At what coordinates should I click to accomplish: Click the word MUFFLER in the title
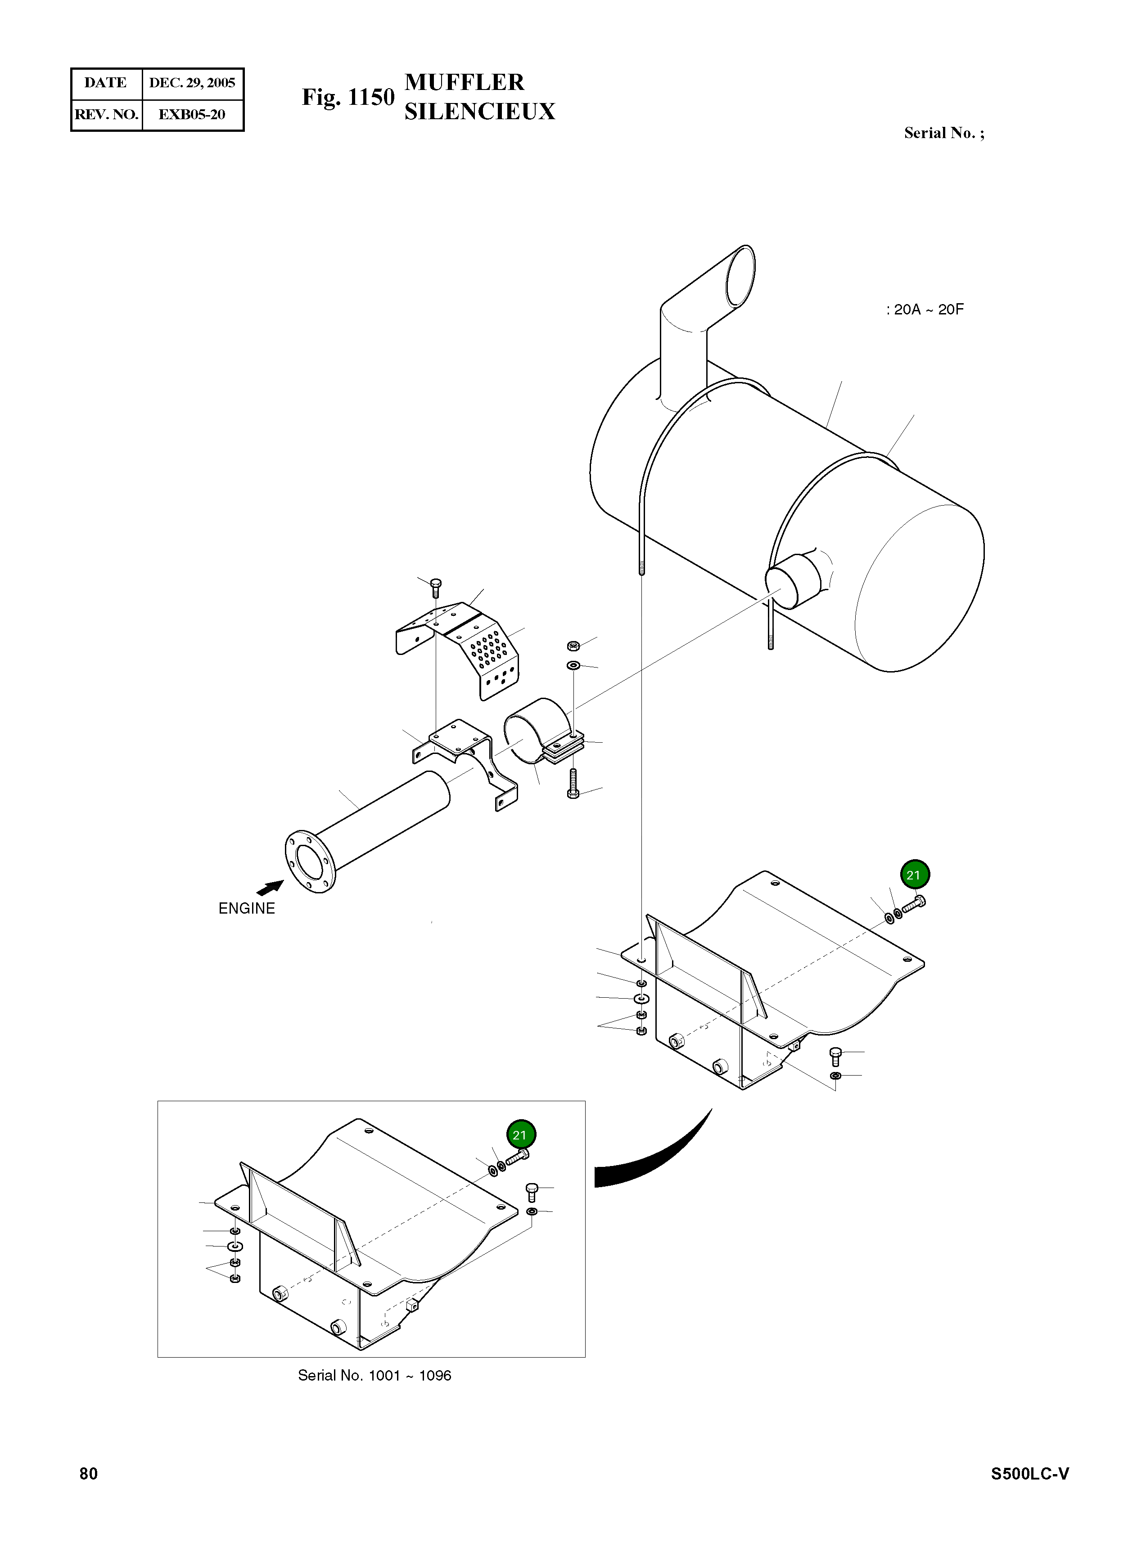click(465, 82)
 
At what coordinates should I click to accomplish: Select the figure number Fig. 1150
click(347, 98)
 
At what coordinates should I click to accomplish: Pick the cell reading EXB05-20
click(192, 114)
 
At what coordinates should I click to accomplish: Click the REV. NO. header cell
click(107, 114)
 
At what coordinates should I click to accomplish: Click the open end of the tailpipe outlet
click(740, 277)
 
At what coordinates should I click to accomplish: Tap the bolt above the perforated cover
click(435, 587)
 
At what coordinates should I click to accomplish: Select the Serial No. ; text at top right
click(943, 134)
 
